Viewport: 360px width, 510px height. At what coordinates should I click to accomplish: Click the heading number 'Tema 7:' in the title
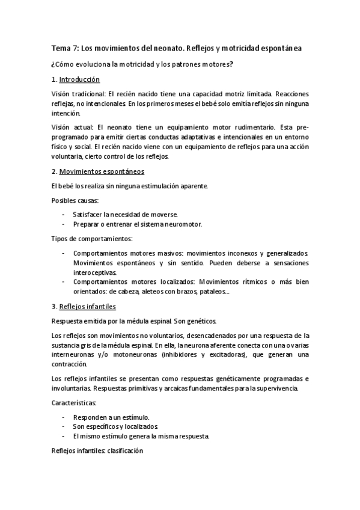(x=64, y=48)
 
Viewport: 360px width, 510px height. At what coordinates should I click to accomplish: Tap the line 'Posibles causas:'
(x=75, y=200)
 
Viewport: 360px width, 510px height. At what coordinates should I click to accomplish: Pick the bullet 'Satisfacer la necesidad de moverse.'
(x=125, y=214)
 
